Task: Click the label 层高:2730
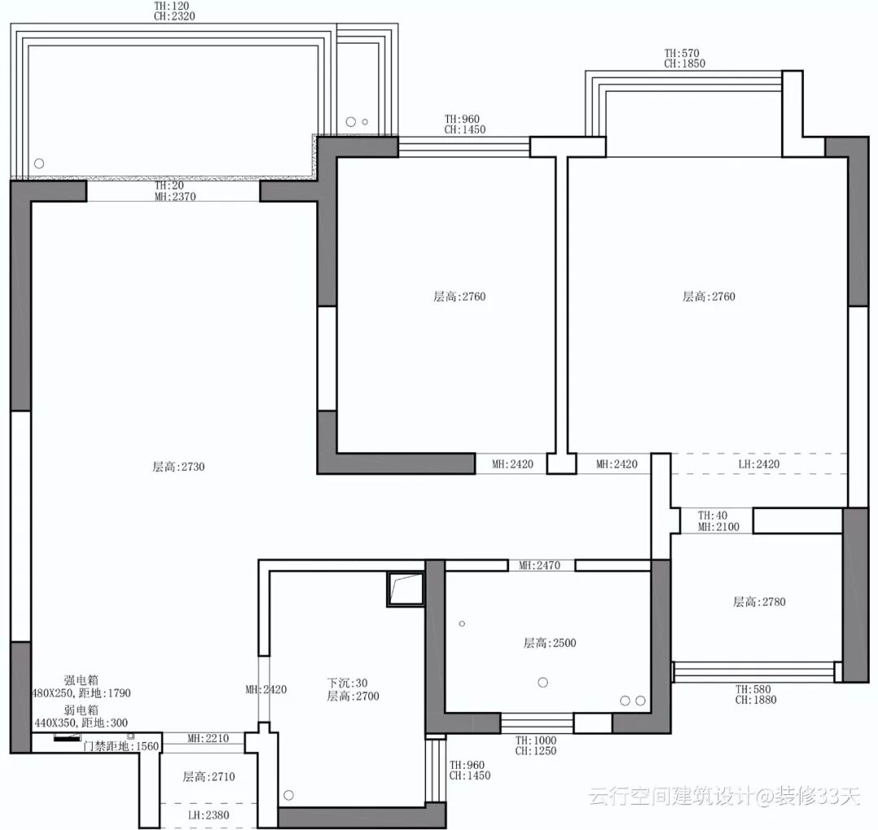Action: [x=179, y=467]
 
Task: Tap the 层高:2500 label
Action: [x=550, y=643]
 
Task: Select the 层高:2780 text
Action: [x=759, y=602]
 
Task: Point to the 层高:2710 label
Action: [x=209, y=776]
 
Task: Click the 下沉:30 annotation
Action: [x=347, y=683]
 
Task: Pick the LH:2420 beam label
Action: [x=758, y=463]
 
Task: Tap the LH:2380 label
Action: [x=208, y=815]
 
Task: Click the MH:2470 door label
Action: [x=539, y=565]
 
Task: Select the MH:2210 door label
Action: [x=208, y=738]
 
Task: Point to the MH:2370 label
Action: [x=176, y=196]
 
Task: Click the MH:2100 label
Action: [x=719, y=527]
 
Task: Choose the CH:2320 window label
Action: [x=175, y=16]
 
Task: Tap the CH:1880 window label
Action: [x=756, y=699]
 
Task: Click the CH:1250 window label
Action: [x=536, y=750]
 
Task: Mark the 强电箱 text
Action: [x=81, y=680]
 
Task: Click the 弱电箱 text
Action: [x=81, y=710]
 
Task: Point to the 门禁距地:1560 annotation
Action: [x=121, y=746]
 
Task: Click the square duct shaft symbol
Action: [x=406, y=589]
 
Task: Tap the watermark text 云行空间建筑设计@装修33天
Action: [x=724, y=795]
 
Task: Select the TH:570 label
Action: [x=682, y=53]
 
